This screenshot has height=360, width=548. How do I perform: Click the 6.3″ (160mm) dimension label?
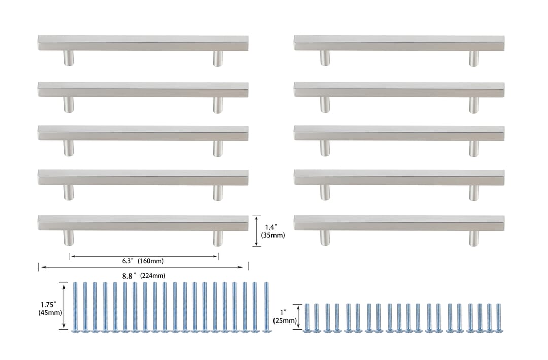click(x=143, y=261)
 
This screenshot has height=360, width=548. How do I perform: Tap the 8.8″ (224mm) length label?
click(x=144, y=276)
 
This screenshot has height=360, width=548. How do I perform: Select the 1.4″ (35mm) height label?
click(x=273, y=231)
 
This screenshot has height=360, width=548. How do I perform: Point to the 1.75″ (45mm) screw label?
click(x=50, y=309)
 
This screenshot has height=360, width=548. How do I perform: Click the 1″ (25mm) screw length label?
click(x=285, y=316)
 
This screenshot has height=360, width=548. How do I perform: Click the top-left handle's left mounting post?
click(x=69, y=58)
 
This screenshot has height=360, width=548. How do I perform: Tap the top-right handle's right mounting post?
click(x=474, y=58)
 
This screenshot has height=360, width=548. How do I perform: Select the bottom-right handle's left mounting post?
click(x=325, y=238)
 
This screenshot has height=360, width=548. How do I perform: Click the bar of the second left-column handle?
click(x=143, y=90)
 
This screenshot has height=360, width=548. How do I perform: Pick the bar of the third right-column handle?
click(x=399, y=133)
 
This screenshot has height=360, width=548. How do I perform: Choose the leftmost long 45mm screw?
click(x=75, y=307)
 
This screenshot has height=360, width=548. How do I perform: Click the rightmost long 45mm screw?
click(x=267, y=307)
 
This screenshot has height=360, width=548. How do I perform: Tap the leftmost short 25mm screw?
click(x=307, y=318)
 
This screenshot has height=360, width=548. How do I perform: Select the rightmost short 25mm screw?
click(x=499, y=318)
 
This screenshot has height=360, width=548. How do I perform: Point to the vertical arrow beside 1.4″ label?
click(x=257, y=231)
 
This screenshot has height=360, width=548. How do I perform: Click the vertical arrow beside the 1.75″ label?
click(x=64, y=306)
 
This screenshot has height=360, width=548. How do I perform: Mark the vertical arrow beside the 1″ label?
click(x=298, y=316)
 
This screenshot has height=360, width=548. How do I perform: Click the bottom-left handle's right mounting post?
click(x=218, y=238)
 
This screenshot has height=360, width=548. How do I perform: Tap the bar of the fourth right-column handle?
click(x=399, y=177)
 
